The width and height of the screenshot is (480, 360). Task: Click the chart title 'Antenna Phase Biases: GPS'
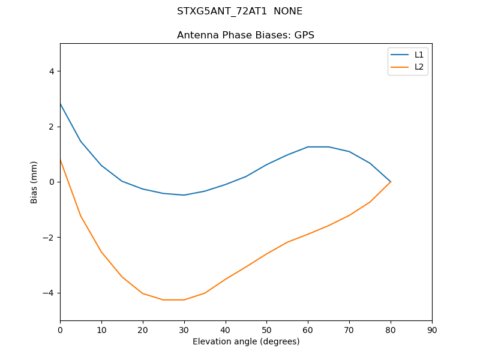click(245, 35)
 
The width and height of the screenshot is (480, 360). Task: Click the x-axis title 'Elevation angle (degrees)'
click(246, 341)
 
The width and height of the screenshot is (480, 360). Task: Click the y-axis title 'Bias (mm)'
click(34, 182)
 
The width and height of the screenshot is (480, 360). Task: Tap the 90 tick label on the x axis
click(432, 329)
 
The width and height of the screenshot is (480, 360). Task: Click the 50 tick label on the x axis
click(266, 329)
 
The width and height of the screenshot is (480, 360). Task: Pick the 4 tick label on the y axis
click(52, 71)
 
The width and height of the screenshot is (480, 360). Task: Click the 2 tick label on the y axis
click(52, 127)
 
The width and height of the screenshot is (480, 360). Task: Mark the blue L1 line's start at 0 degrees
click(60, 104)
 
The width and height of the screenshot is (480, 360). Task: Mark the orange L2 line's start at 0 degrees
click(60, 160)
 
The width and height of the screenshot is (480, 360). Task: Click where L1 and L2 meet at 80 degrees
click(391, 182)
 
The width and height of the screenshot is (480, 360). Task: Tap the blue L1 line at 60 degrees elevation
click(308, 147)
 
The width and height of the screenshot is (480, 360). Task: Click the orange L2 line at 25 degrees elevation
click(163, 299)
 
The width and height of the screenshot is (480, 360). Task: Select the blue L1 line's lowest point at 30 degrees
click(184, 195)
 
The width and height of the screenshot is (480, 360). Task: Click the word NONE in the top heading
click(288, 11)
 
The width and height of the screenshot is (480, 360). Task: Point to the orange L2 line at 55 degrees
click(287, 242)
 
